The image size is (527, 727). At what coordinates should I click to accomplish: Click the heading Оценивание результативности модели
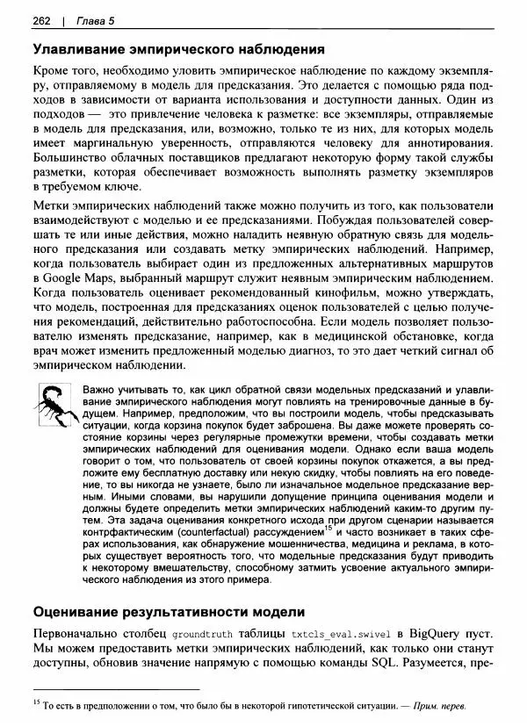(x=168, y=611)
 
